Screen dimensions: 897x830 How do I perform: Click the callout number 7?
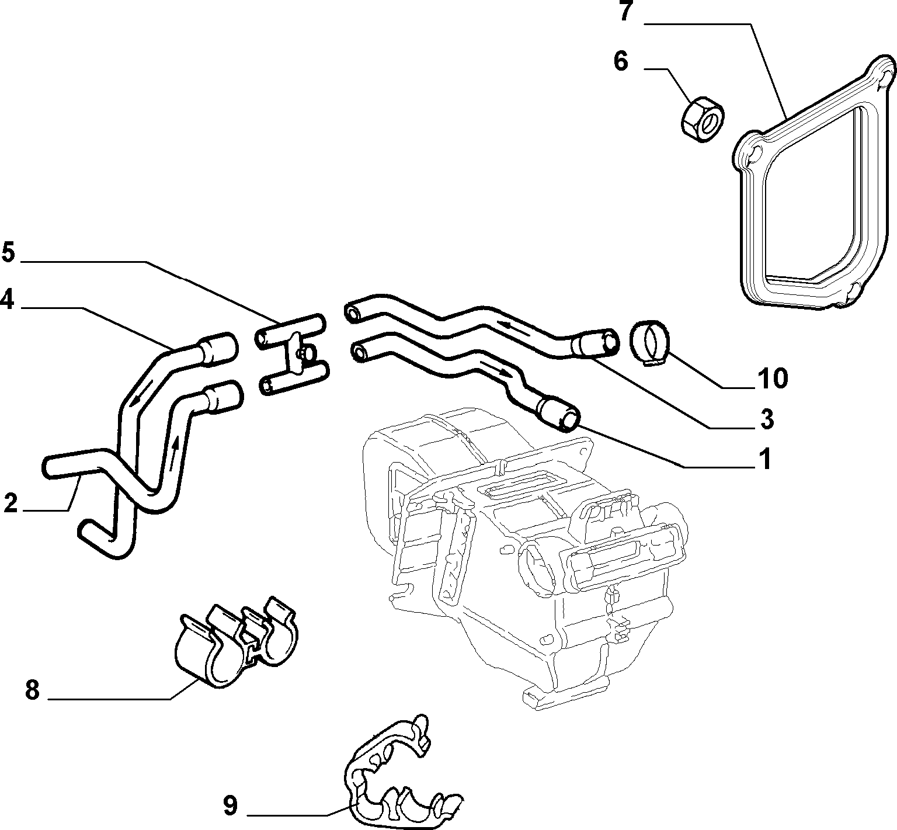[626, 12]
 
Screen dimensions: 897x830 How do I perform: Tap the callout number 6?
[621, 61]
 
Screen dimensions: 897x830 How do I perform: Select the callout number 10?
[772, 378]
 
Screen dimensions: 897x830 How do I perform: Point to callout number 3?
[767, 419]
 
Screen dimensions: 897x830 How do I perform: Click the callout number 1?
[764, 459]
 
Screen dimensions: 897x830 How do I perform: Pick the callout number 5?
[8, 252]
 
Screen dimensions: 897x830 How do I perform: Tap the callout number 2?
[11, 503]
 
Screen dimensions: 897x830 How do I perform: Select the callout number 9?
[230, 806]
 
